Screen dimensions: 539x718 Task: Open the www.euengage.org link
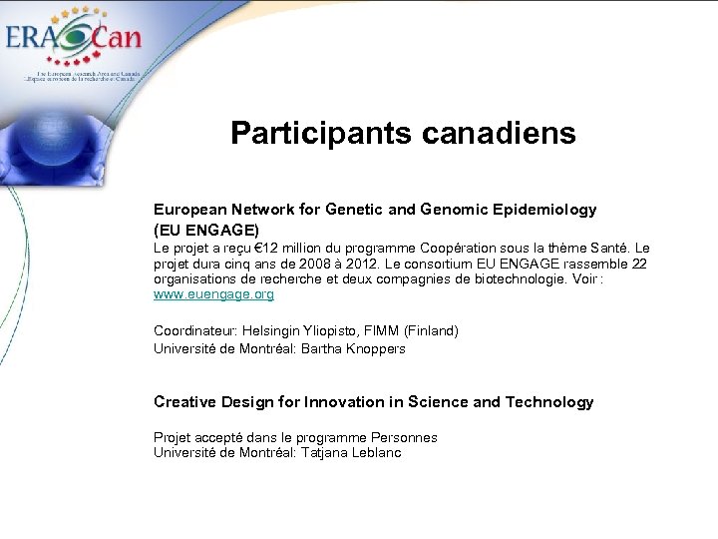click(x=213, y=295)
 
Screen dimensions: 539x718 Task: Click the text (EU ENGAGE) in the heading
click(x=206, y=230)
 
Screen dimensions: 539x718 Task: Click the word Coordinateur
click(x=194, y=330)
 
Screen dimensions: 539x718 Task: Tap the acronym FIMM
click(x=379, y=330)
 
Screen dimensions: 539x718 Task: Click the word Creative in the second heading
click(x=183, y=402)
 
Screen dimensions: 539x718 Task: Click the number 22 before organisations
click(x=639, y=265)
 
